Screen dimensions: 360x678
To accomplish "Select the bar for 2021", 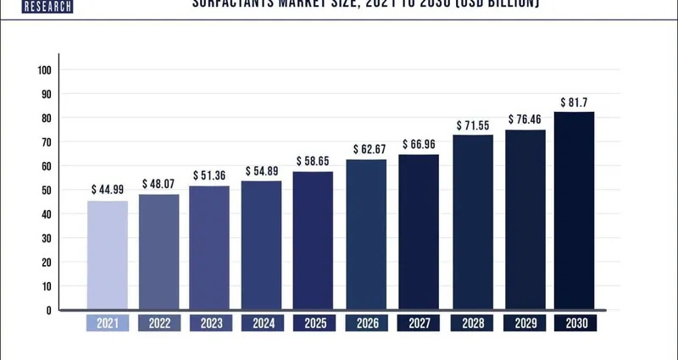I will coord(108,255).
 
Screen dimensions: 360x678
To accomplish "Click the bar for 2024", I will coord(263,246).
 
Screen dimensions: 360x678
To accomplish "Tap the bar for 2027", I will coord(419,232).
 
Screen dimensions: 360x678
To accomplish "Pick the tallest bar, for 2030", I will coord(574,211).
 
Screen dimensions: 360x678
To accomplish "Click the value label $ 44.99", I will coord(108,189).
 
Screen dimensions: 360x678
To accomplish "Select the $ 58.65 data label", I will coord(314,160).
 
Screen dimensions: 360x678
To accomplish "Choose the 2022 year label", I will coord(159,323).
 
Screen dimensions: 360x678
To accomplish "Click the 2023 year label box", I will coord(211,323).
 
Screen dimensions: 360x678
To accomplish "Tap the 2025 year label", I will coord(314,323).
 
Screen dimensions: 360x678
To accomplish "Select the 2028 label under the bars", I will coord(472,323).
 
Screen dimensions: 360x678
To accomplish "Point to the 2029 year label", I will coord(524,323).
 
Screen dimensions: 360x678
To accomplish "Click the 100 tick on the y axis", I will coord(45,69).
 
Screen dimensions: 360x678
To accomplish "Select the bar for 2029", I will coord(525,219).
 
